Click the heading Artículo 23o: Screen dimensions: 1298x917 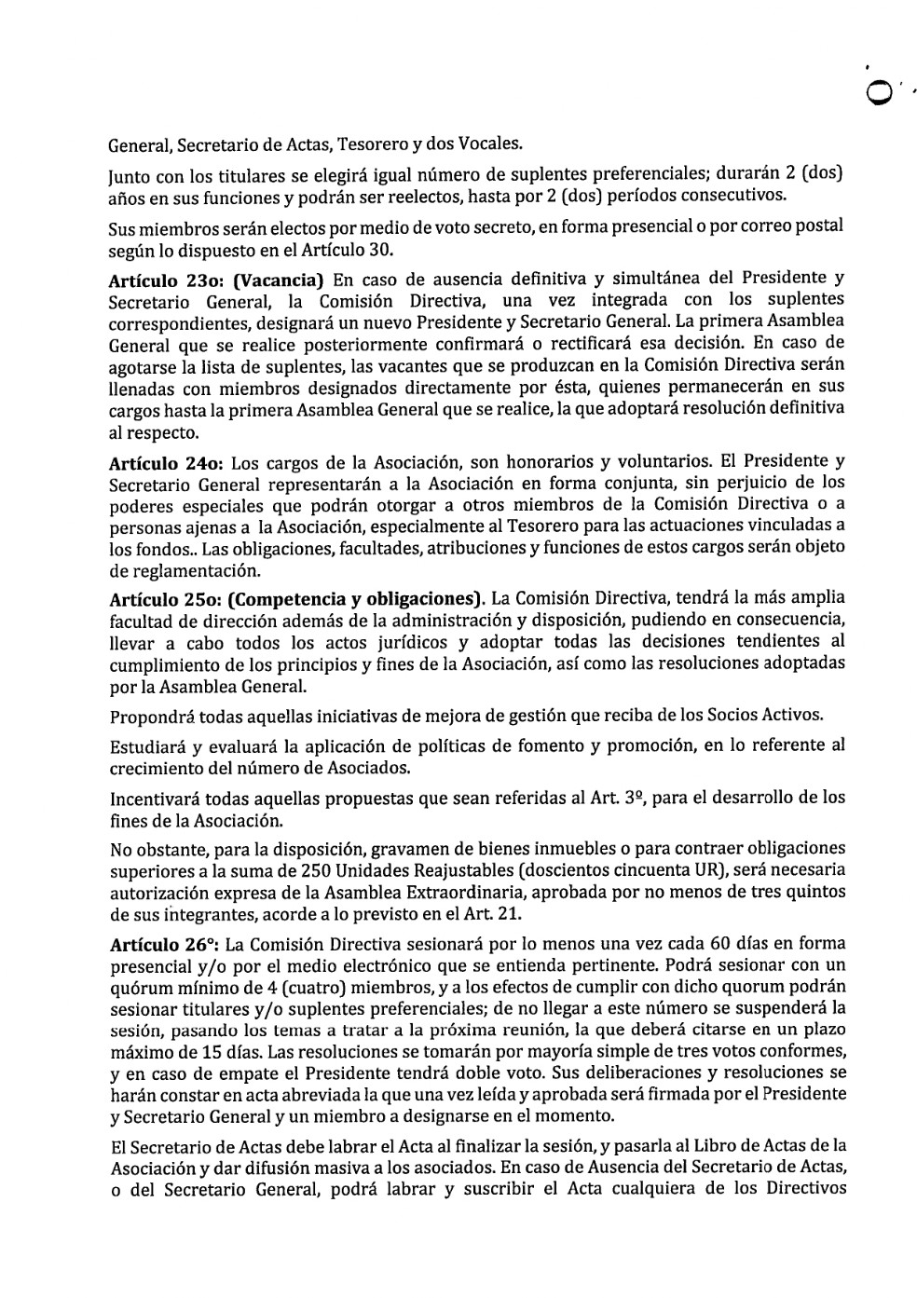point(153,278)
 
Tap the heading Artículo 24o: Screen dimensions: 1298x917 point(153,461)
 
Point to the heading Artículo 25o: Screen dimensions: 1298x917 point(153,597)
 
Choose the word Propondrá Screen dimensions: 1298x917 point(154,717)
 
